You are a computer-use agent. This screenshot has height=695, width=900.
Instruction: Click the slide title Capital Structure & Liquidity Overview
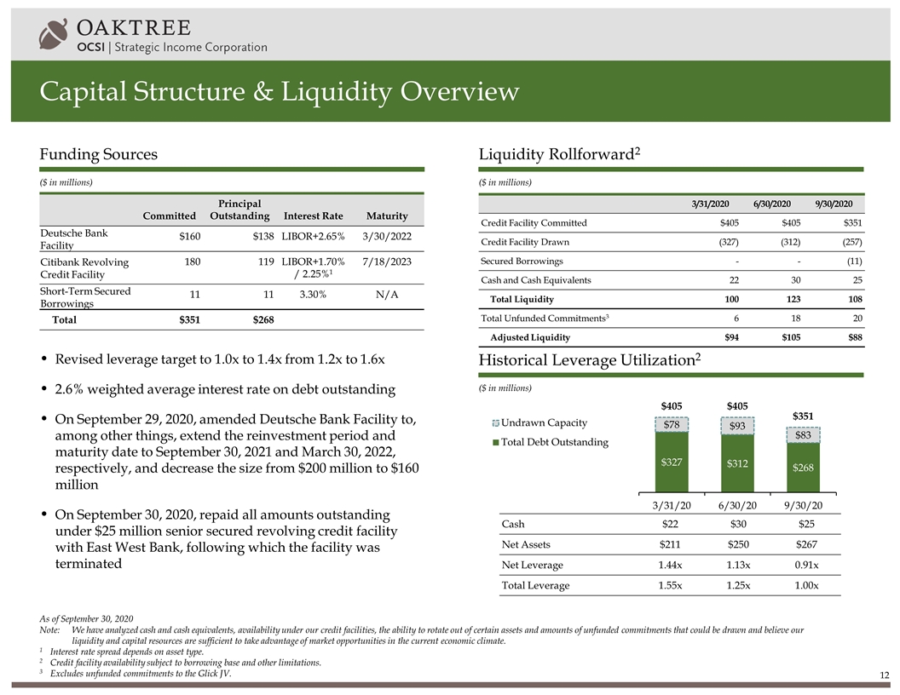[279, 91]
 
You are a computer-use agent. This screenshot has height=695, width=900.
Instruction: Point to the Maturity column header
[386, 215]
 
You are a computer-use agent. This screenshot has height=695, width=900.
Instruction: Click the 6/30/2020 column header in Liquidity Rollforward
[773, 204]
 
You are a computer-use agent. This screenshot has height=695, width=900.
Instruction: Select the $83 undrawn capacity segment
[803, 435]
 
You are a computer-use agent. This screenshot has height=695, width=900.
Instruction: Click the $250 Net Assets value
[737, 544]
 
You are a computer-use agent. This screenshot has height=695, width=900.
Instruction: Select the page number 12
[885, 675]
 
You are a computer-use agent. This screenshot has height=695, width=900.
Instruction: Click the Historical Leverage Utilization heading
[591, 361]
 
